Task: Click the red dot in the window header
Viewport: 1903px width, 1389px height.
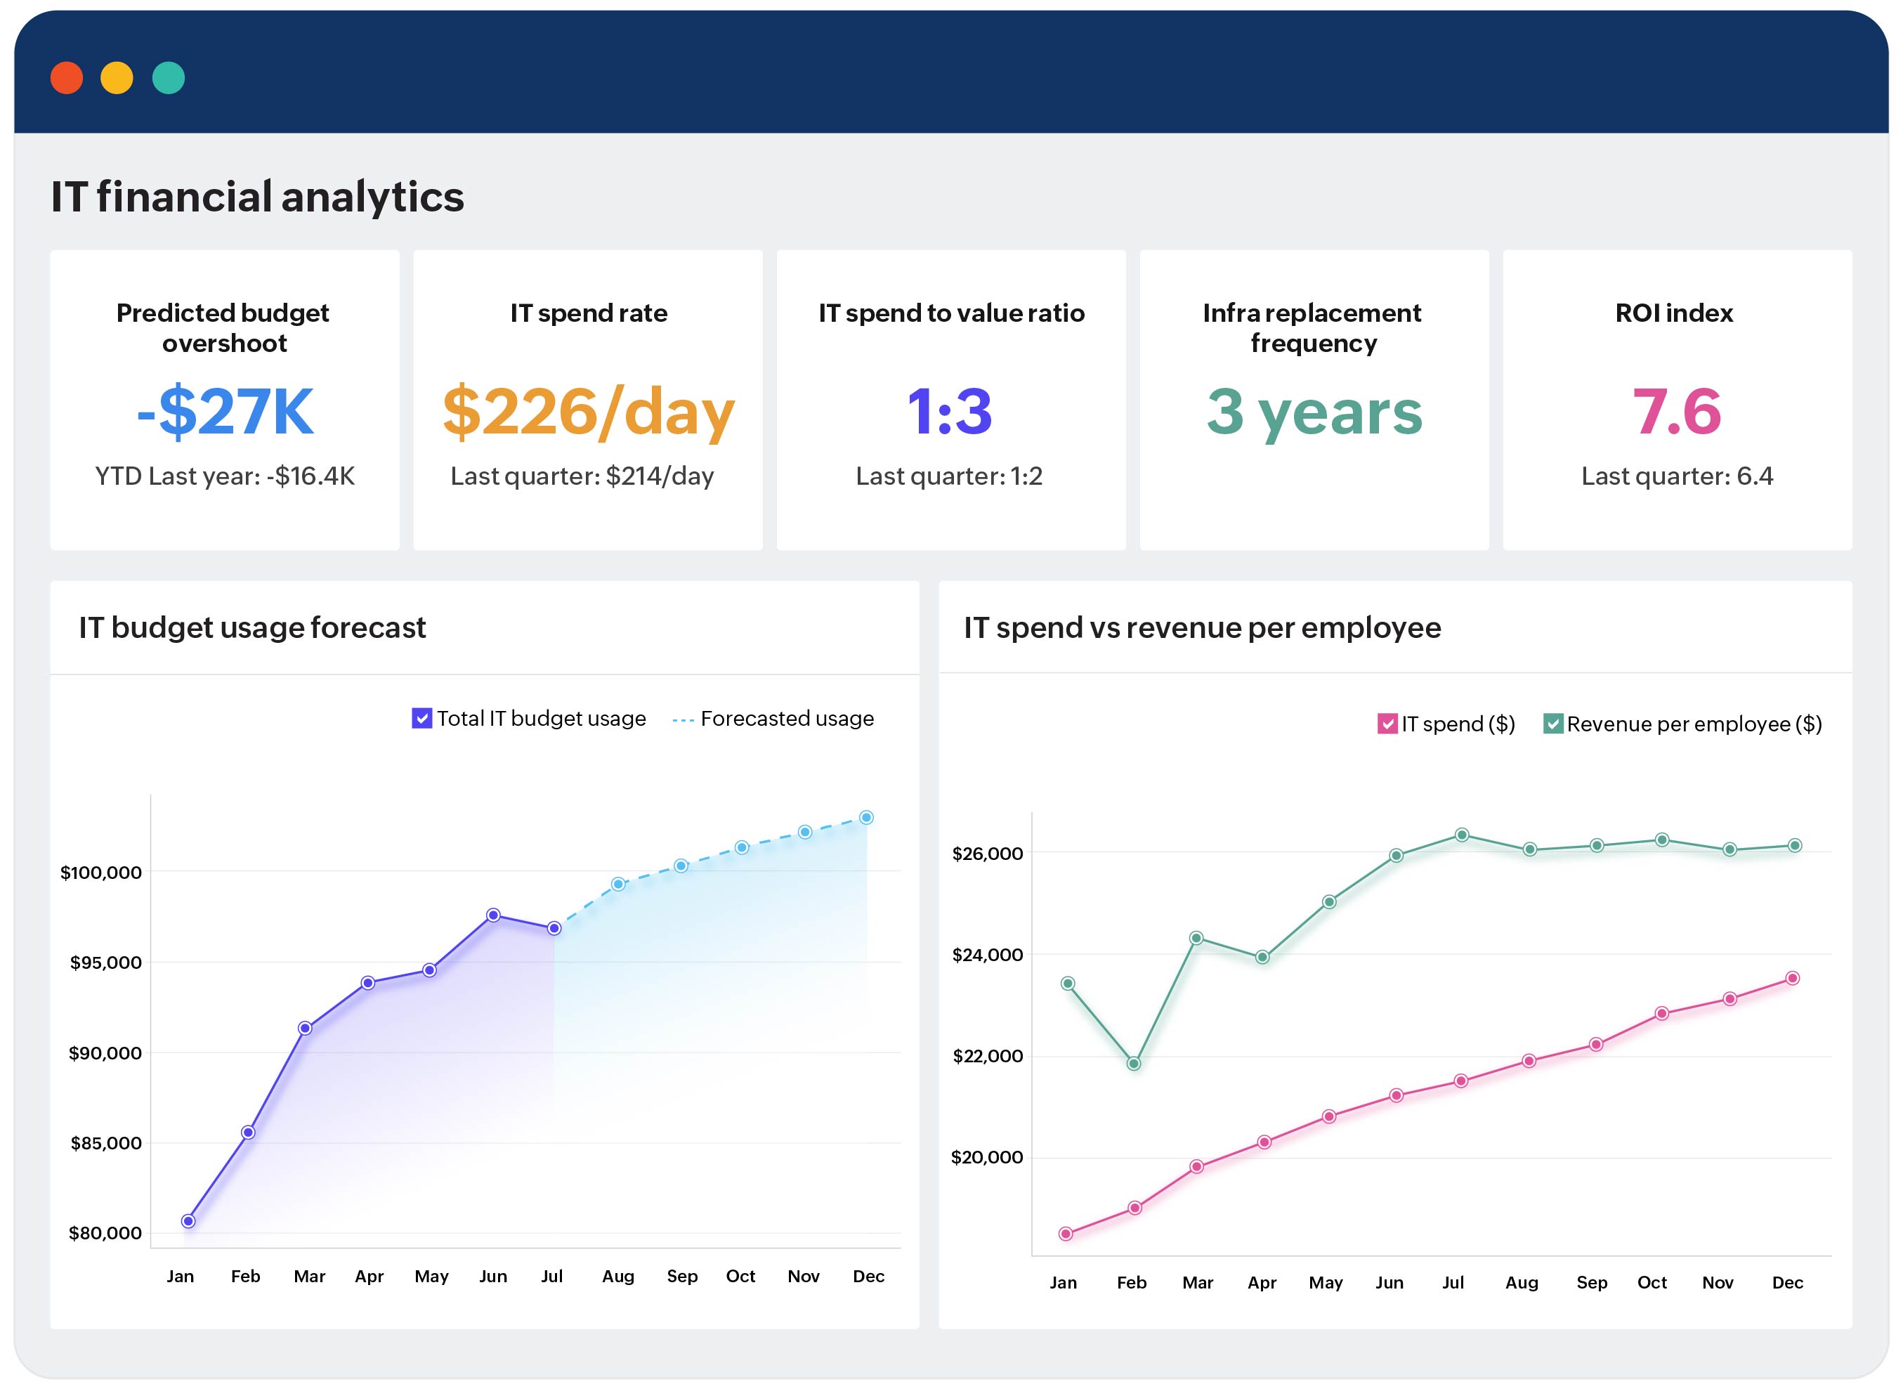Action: click(67, 78)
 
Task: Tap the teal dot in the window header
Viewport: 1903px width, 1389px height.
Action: click(168, 78)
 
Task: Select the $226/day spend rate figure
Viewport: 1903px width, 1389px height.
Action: click(589, 411)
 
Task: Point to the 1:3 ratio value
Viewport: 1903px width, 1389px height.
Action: click(950, 411)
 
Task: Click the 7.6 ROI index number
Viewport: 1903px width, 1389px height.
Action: click(1676, 411)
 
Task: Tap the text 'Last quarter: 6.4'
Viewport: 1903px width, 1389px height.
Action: click(1676, 476)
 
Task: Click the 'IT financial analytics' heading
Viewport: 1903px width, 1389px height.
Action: click(257, 197)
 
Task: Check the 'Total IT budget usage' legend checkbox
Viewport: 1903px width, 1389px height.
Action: click(421, 718)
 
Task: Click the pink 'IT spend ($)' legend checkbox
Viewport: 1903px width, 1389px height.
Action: click(1387, 724)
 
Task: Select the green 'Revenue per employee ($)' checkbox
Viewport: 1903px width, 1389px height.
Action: click(1552, 724)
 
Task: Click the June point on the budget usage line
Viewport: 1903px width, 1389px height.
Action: click(493, 915)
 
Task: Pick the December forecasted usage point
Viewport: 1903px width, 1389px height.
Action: click(865, 817)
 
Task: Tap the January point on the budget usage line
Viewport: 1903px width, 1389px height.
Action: click(188, 1221)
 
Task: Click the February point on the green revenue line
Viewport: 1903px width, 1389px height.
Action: click(1133, 1064)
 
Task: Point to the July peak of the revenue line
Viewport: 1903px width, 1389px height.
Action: click(1462, 835)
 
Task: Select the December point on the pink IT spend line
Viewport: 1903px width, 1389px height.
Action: click(1792, 978)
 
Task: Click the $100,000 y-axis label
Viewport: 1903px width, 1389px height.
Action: click(101, 873)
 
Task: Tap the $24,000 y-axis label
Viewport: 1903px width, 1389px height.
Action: click(987, 954)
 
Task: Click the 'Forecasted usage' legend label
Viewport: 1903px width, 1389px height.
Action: click(787, 718)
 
